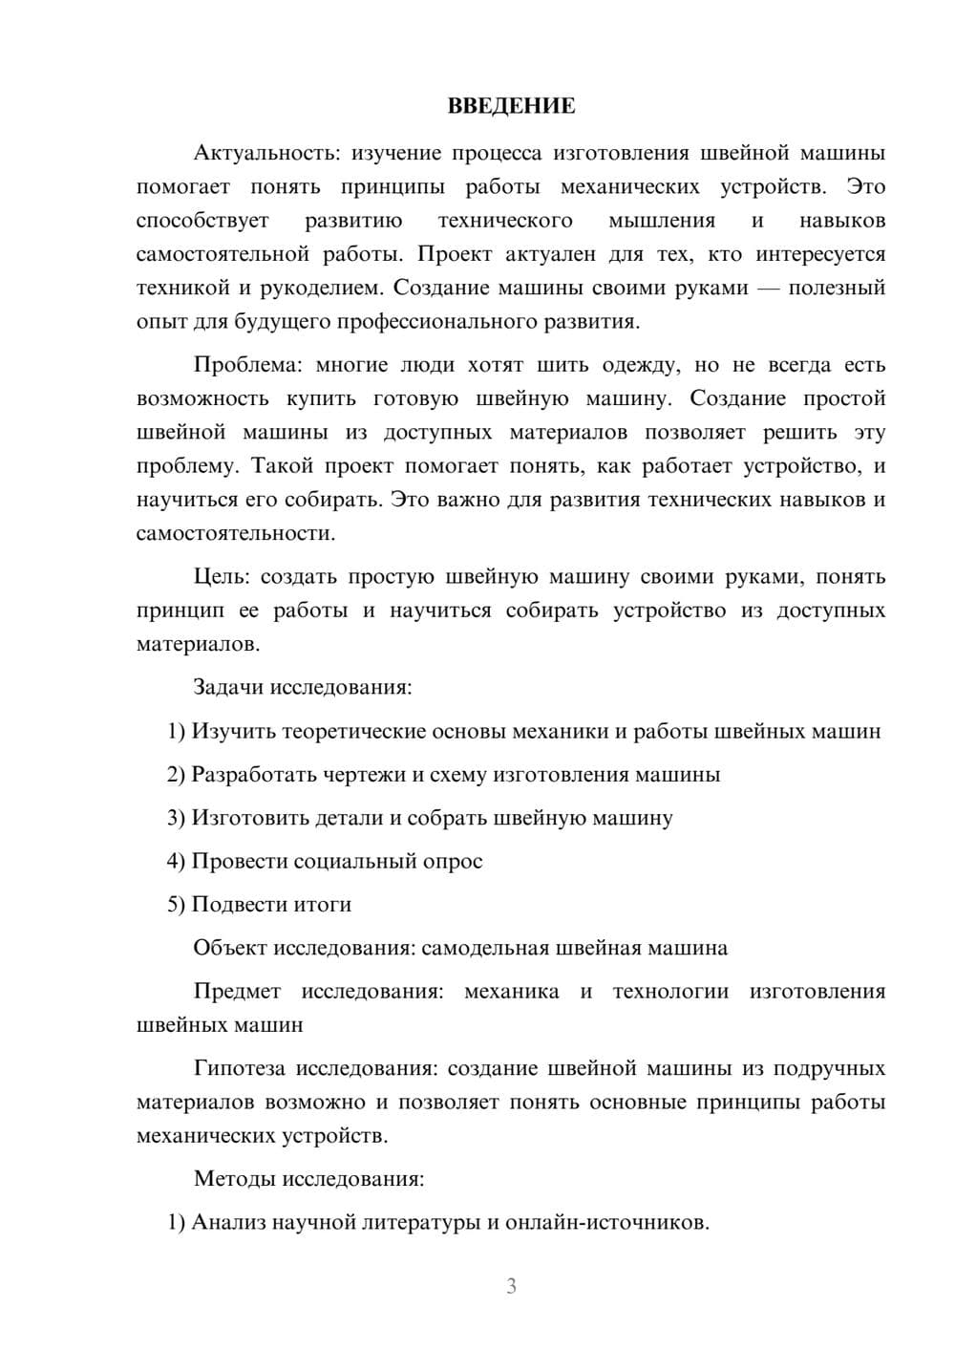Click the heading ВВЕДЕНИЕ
(x=511, y=106)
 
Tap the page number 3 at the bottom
(x=511, y=1286)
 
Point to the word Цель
(x=222, y=577)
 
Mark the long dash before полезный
(x=768, y=288)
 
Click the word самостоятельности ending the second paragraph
(x=235, y=533)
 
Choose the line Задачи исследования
(x=303, y=687)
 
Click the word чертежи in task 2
(x=362, y=774)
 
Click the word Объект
(x=230, y=948)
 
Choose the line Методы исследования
(x=308, y=1178)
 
